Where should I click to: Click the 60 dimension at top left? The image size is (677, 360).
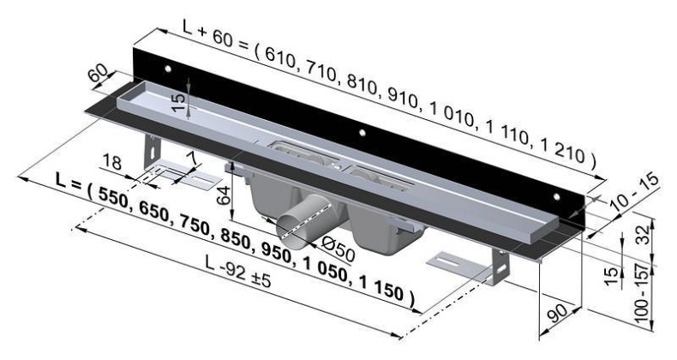(99, 72)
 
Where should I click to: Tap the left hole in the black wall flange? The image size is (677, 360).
(169, 68)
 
